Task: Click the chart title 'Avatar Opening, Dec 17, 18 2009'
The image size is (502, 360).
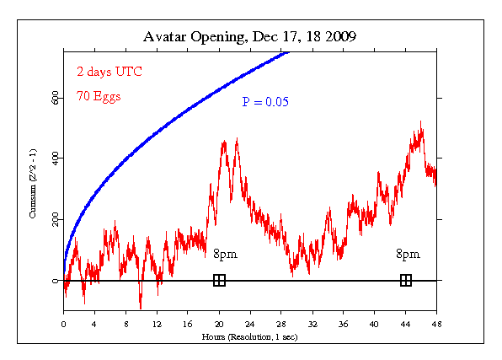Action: tap(250, 37)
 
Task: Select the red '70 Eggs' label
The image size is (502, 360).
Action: tap(98, 96)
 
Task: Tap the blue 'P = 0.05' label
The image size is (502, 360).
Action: tap(265, 102)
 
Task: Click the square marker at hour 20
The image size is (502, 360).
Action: tap(219, 280)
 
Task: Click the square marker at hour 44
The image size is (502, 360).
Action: tap(405, 280)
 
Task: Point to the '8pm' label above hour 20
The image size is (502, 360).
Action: tap(224, 254)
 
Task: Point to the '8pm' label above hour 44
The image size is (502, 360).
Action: tap(408, 254)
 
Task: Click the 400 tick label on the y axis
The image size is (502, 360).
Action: tap(54, 159)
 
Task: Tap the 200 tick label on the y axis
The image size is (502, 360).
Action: tap(54, 219)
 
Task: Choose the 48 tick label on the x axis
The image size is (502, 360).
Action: tap(436, 323)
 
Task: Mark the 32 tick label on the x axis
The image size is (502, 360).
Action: tap(312, 323)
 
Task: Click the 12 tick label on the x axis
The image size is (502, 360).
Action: tap(157, 323)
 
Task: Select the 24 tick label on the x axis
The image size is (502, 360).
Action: tap(250, 323)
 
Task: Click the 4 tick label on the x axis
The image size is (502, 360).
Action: tap(94, 323)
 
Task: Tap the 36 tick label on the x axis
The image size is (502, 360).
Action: tap(343, 323)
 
